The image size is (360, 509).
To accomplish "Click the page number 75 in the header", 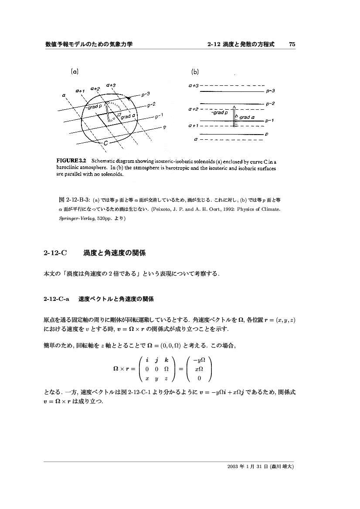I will [292, 44].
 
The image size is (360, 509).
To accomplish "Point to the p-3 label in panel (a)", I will [146, 94].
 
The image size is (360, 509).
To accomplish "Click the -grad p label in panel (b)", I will [217, 112].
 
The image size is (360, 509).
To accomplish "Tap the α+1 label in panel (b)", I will [194, 126].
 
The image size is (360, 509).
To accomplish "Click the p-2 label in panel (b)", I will [270, 104].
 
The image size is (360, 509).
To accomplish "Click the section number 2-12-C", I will [54, 253].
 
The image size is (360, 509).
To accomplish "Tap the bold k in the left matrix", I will [166, 361].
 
